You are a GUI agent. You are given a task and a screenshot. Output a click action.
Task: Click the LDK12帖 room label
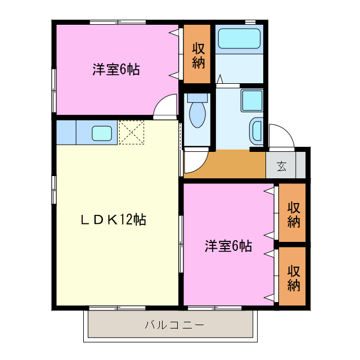[x=113, y=220]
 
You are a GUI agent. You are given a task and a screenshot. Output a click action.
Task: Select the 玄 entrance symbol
[x=281, y=166]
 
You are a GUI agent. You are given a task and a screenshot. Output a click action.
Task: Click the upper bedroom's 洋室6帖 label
[x=116, y=70]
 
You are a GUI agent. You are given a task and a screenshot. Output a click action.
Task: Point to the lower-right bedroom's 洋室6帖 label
[x=228, y=246]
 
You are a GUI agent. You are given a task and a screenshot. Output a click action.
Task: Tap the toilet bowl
[x=197, y=116]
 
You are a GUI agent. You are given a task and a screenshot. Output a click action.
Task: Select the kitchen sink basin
[x=102, y=133]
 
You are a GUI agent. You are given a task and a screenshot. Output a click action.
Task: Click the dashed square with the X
[x=132, y=132]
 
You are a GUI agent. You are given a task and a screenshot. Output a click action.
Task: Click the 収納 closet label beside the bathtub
[x=197, y=55]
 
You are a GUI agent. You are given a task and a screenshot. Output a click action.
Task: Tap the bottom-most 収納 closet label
[x=293, y=277]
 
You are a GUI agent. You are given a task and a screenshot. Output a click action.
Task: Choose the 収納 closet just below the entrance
[x=293, y=214]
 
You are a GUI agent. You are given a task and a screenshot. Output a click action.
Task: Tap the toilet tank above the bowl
[x=197, y=97]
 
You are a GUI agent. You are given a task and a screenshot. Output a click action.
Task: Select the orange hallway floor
[x=236, y=164]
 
